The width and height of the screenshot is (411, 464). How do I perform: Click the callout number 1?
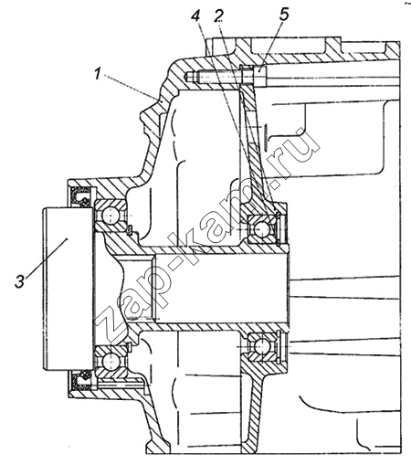click(x=98, y=74)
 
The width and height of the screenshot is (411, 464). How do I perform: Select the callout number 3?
click(x=20, y=281)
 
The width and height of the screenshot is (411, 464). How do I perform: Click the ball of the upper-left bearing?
click(x=111, y=216)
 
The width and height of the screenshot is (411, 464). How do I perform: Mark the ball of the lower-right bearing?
click(x=261, y=346)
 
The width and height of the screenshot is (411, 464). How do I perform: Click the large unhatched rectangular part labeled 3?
click(x=68, y=289)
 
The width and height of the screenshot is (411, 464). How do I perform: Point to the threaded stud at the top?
click(x=213, y=76)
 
